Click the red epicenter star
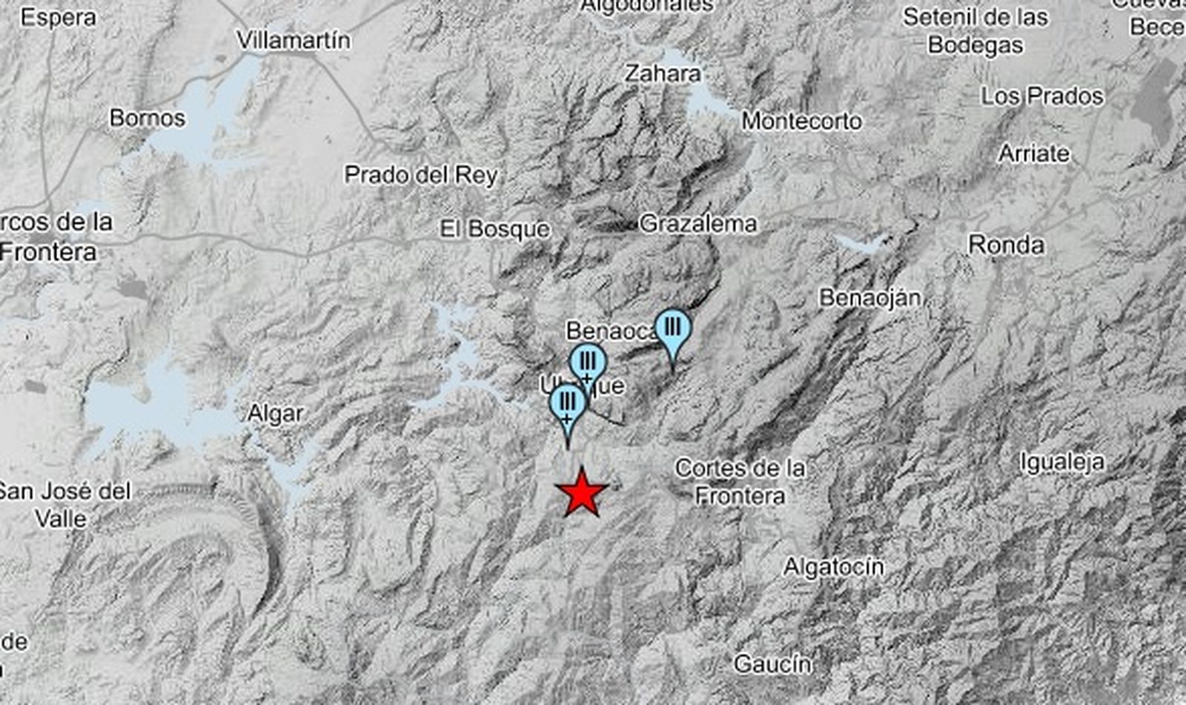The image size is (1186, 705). coord(582,493)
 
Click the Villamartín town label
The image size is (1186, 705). coord(294,40)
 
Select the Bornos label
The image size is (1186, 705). coord(147,118)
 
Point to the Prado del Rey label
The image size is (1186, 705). coord(421,175)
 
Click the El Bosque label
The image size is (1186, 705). coord(494,229)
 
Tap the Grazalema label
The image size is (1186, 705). coord(698,223)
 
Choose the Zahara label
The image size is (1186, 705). coord(662,73)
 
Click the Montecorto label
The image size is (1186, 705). coord(801,121)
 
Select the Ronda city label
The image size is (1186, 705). coord(1006,245)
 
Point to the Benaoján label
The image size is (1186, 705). coord(870,298)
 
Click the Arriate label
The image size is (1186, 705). coord(1034,153)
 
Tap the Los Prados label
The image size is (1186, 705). coord(1042,96)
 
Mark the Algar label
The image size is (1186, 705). coord(275,414)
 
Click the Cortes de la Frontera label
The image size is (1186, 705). coord(740,482)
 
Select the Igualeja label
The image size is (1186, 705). coord(1061,463)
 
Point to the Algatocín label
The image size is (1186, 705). coord(834,567)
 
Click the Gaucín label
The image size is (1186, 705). coord(772,664)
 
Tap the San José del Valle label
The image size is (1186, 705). coord(64,504)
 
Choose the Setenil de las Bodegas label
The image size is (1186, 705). coord(975,30)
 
